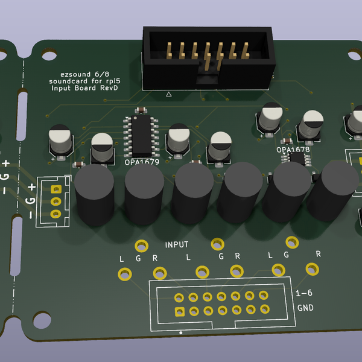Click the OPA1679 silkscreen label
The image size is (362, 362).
(141, 162)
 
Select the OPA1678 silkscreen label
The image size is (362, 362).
(293, 150)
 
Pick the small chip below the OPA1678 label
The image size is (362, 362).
(296, 159)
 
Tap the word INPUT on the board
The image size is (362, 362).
(177, 244)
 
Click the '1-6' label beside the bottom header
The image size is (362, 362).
(305, 294)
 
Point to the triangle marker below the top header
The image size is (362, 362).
(168, 94)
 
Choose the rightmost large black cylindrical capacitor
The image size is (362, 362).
(331, 191)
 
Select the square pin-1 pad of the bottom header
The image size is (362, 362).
(179, 312)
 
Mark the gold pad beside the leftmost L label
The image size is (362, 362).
(124, 273)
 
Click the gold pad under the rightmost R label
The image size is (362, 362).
(313, 269)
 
